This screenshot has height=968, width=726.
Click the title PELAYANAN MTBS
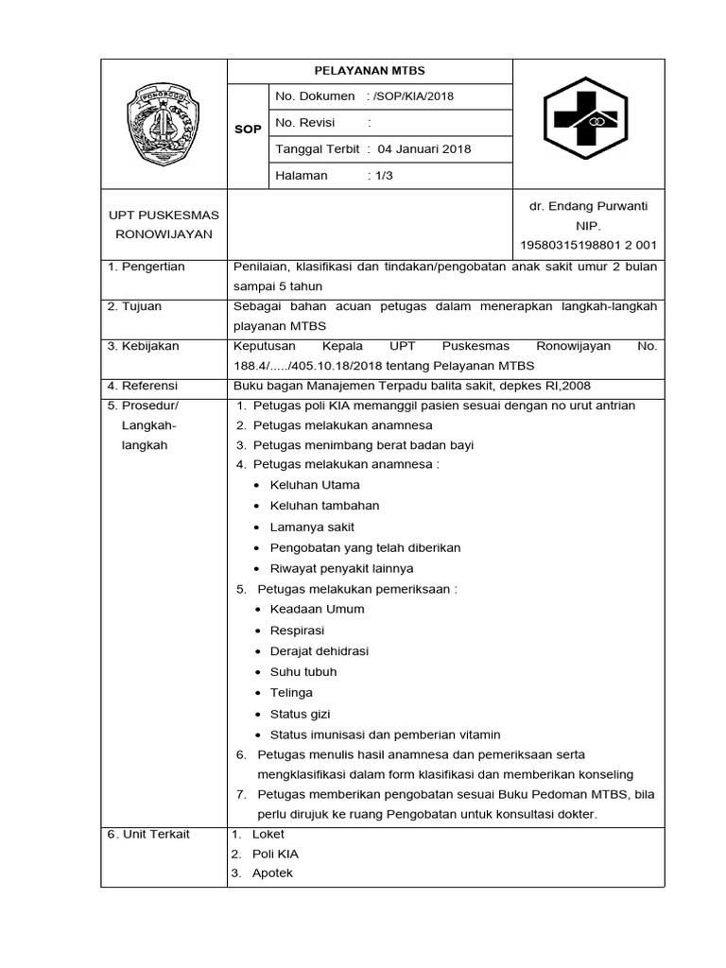point(370,71)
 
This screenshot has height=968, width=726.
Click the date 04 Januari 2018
point(424,148)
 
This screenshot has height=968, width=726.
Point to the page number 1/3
point(383,175)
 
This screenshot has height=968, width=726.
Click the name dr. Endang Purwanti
point(589,206)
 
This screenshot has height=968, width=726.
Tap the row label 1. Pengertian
point(147,267)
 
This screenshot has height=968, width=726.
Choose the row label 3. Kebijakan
point(144,346)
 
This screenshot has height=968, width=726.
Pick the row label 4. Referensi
point(143,386)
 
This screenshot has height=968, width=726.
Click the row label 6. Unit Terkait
point(148,834)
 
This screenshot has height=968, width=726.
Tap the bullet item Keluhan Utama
point(315,485)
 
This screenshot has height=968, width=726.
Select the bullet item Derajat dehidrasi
point(320,651)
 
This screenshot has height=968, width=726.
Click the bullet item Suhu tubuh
point(303,672)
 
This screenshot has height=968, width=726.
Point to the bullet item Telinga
point(291,693)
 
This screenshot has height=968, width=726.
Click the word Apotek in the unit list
point(272,873)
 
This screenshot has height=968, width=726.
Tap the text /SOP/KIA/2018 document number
point(414,96)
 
